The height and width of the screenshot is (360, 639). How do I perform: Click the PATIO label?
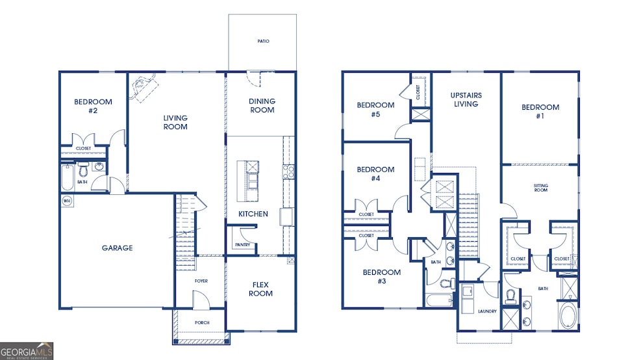[263, 41]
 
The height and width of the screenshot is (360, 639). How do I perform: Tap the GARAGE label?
[117, 248]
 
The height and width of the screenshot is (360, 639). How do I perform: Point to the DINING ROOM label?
[262, 105]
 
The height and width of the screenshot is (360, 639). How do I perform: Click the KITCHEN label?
[253, 214]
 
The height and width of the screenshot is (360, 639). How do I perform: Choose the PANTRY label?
[242, 245]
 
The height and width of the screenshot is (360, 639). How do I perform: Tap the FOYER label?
[201, 281]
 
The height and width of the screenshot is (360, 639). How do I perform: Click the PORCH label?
[202, 322]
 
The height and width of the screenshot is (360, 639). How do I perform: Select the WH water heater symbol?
[66, 201]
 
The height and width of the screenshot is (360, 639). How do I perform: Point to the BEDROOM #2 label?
[93, 106]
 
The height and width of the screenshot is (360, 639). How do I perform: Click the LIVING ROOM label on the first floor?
[175, 122]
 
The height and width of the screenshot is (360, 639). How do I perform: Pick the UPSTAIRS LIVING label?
[466, 99]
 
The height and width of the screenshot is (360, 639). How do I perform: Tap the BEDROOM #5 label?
[375, 110]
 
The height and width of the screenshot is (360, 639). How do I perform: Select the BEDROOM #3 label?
[381, 277]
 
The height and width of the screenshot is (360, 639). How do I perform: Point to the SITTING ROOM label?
[541, 188]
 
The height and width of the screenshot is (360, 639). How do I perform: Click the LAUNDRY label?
[487, 311]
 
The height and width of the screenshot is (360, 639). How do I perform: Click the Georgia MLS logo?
[27, 351]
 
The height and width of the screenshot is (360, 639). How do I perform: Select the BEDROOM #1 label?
[540, 111]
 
